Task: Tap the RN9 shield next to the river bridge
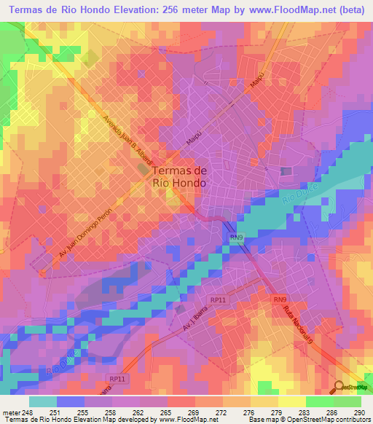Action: [235, 237]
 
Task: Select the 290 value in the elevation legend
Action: [358, 412]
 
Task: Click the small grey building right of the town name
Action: [286, 171]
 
